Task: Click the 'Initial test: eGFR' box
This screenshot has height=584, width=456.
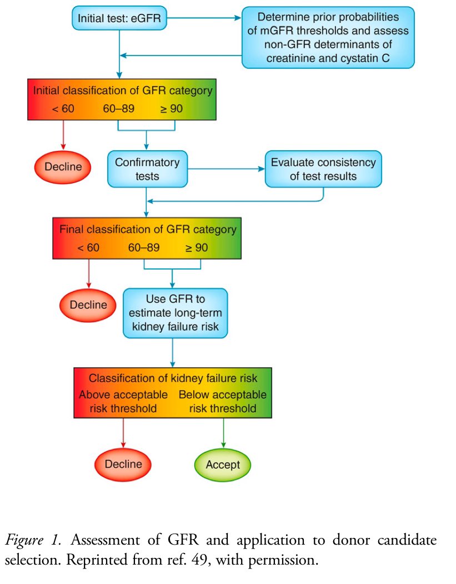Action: (x=119, y=19)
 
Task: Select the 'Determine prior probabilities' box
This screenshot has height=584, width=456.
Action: (x=328, y=37)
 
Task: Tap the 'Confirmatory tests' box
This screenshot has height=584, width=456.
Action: (x=147, y=169)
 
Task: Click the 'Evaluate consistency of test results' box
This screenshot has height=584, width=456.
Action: (x=323, y=169)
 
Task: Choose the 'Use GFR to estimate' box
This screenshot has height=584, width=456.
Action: (x=175, y=313)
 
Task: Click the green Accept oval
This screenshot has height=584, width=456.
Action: (x=223, y=464)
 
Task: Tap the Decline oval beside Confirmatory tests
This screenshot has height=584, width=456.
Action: (x=63, y=166)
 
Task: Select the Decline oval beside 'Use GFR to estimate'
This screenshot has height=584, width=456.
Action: (x=88, y=304)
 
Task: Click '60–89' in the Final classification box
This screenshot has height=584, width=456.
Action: (x=144, y=247)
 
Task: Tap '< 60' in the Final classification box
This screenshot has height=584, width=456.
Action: (x=88, y=247)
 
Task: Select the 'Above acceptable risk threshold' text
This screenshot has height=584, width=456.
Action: (x=123, y=402)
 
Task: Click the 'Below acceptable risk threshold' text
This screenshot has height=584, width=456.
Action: (x=222, y=402)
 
